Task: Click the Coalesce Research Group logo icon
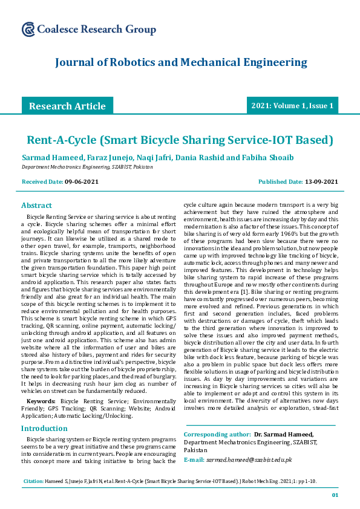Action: [x=28, y=29]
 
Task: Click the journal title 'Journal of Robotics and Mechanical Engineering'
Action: [x=181, y=62]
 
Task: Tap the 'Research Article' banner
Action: [x=67, y=106]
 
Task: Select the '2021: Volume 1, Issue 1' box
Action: [x=292, y=106]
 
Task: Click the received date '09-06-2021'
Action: [x=83, y=181]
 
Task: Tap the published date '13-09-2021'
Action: [x=321, y=181]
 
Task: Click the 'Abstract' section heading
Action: [x=36, y=205]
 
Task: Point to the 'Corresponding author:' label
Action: [x=217, y=434]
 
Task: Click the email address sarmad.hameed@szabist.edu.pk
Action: [x=249, y=459]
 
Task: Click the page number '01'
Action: [x=335, y=495]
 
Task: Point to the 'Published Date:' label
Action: [x=280, y=181]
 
